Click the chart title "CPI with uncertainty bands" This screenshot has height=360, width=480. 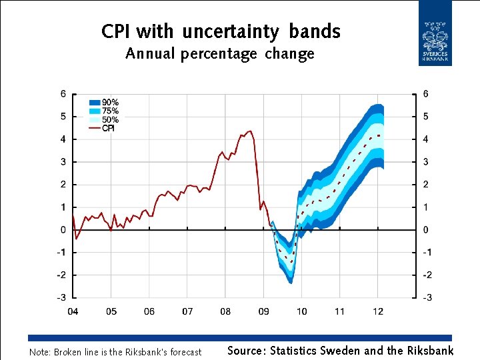coord(221,31)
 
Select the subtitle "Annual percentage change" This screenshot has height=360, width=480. coord(220,54)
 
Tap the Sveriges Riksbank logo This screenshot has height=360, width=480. coord(435,33)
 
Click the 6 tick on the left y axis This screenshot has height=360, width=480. coord(63,94)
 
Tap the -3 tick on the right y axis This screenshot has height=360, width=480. coord(426,297)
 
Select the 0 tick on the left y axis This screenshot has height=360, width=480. coord(63,230)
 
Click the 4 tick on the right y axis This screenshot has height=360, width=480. coord(426,139)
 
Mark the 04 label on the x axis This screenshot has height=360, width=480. coord(73,311)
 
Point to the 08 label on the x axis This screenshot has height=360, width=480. coord(225,311)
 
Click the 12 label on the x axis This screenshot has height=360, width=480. coord(378,311)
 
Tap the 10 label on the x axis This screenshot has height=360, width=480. coord(302,311)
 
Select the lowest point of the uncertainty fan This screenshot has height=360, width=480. coord(291,283)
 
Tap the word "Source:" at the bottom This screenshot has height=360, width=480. coord(247,351)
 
